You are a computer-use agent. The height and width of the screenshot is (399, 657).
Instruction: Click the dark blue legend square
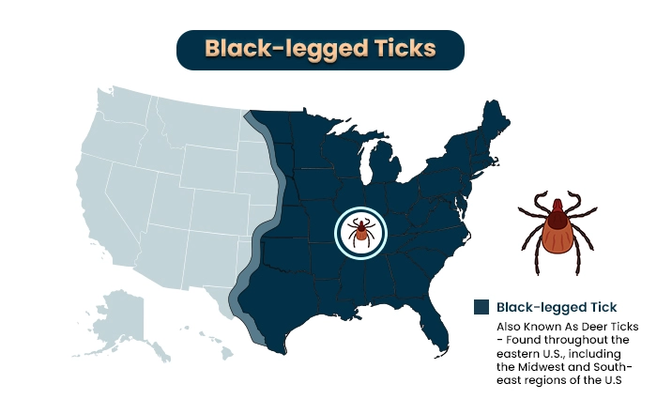(481, 306)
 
